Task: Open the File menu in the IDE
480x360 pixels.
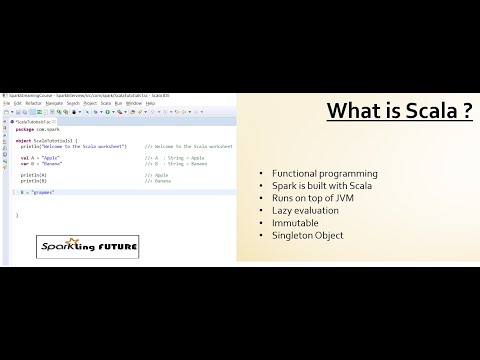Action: click(x=6, y=102)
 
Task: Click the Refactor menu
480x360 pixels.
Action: click(x=33, y=102)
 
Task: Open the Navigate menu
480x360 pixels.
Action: click(x=54, y=102)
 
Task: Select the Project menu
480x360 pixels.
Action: click(x=90, y=102)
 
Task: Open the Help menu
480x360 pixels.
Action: click(x=149, y=102)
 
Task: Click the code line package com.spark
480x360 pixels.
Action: click(x=39, y=129)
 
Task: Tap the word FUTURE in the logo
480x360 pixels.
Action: click(x=97, y=245)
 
